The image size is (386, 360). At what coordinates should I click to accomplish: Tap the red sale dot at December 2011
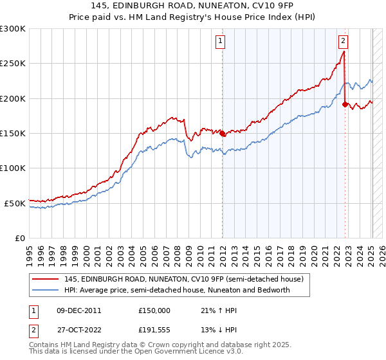tap(223, 134)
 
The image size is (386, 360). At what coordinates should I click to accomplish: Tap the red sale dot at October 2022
tap(345, 104)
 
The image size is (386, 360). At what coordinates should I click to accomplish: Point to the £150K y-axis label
tap(13, 133)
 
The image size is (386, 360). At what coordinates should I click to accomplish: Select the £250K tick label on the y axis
tap(13, 64)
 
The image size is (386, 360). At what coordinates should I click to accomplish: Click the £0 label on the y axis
tap(20, 238)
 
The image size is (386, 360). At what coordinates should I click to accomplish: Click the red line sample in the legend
tap(45, 278)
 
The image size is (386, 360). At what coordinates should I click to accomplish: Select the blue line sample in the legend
tap(45, 290)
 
